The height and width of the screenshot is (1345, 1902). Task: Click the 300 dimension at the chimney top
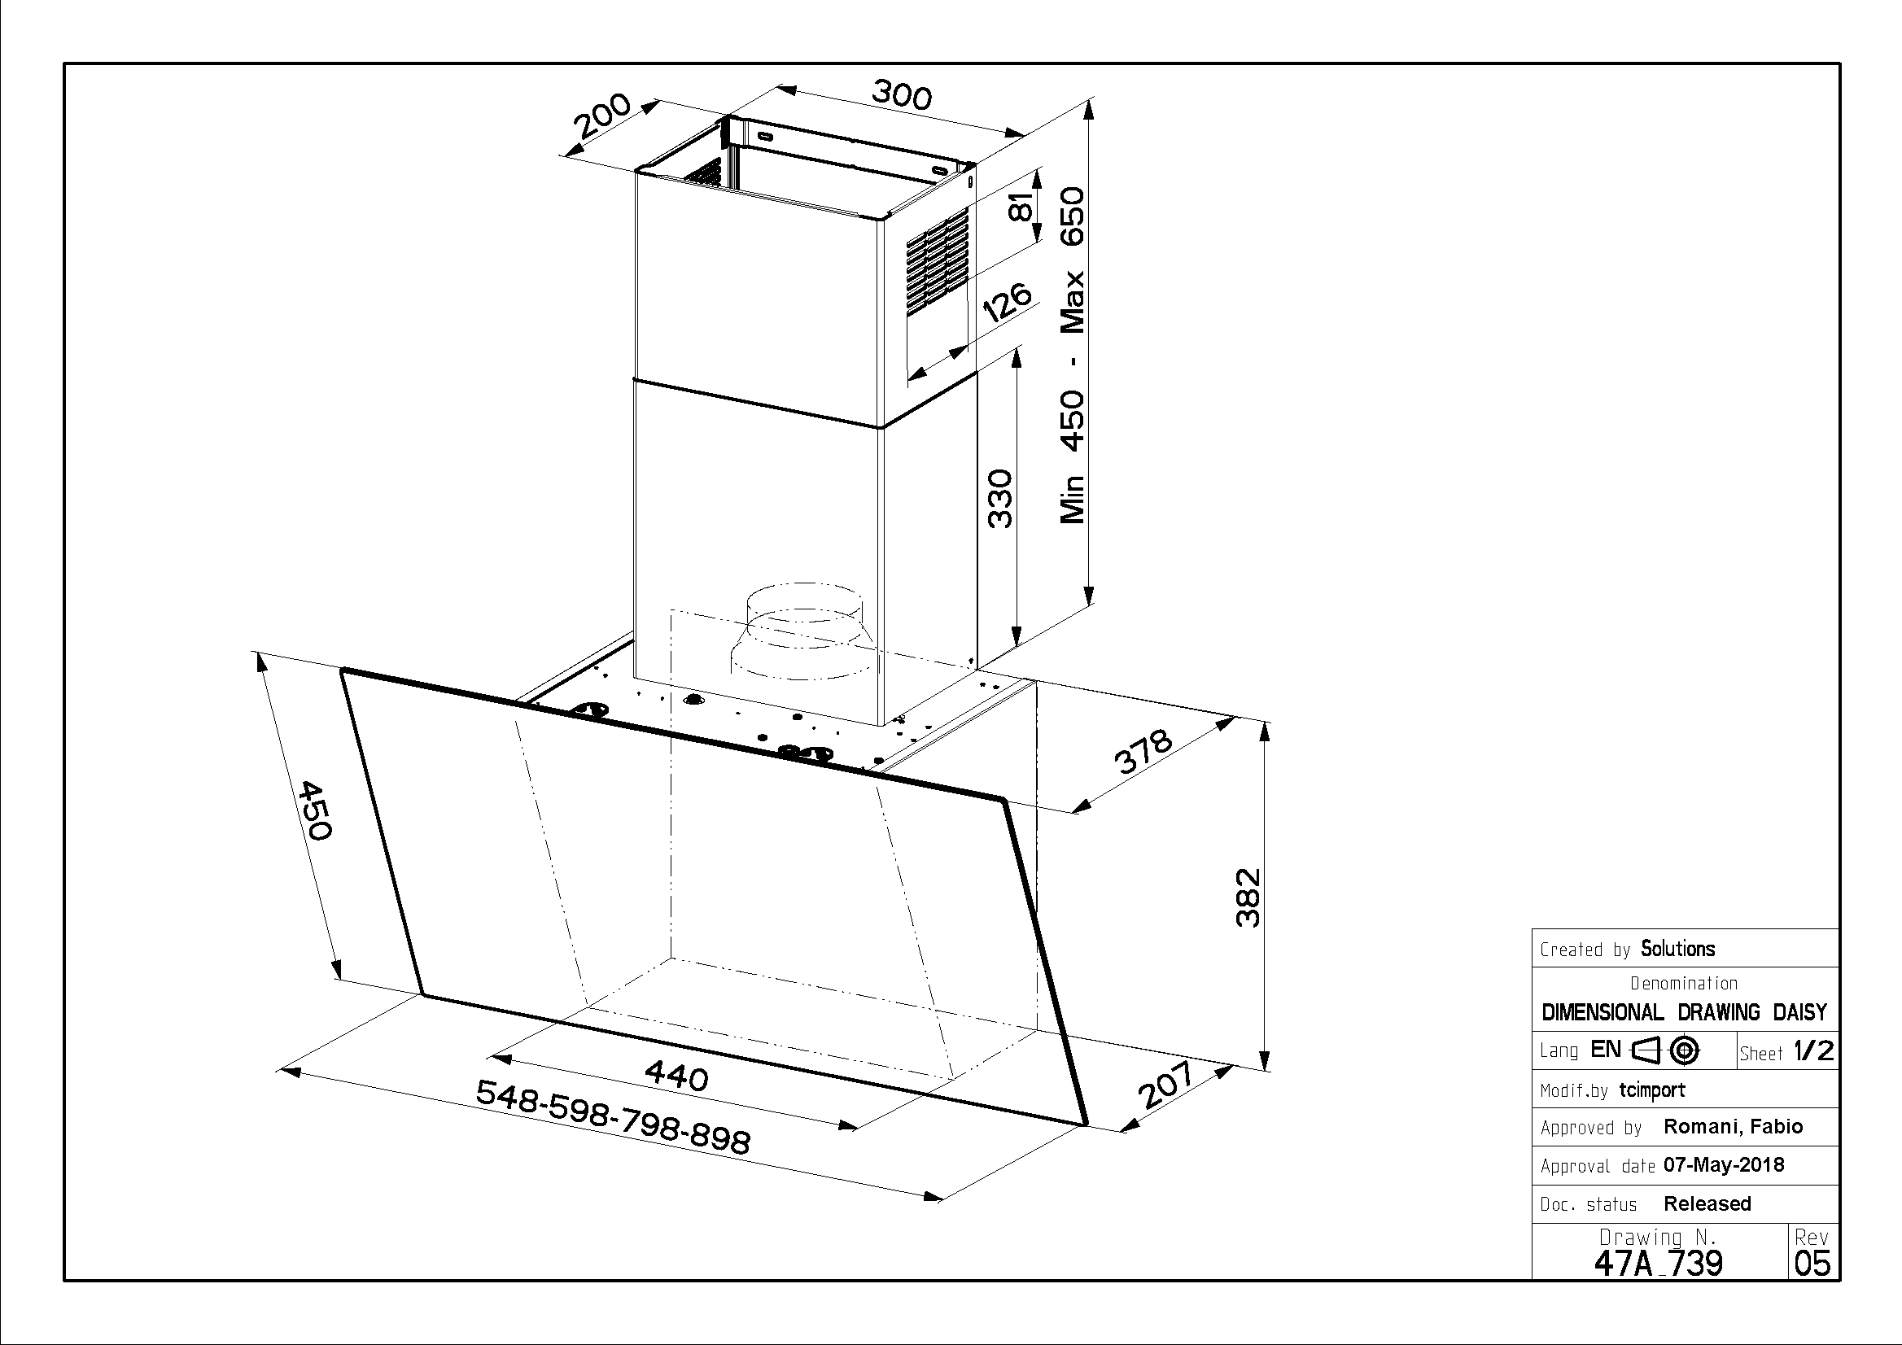click(901, 95)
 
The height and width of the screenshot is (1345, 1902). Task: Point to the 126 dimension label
click(1007, 303)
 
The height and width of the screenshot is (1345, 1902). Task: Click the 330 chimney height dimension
click(1001, 499)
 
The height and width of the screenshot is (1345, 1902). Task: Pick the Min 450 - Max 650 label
click(1072, 356)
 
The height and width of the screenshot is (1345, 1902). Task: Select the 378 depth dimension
click(1143, 751)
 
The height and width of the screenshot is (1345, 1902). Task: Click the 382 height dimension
click(1248, 897)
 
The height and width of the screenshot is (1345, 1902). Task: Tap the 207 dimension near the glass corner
click(1165, 1085)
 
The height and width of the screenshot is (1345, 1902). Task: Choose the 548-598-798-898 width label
click(614, 1117)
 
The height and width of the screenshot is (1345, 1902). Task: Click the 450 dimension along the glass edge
click(316, 810)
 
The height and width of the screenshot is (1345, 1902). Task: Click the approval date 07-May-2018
click(1724, 1165)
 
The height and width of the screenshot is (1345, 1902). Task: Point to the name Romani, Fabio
click(1733, 1127)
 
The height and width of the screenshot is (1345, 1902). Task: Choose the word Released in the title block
click(1707, 1203)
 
